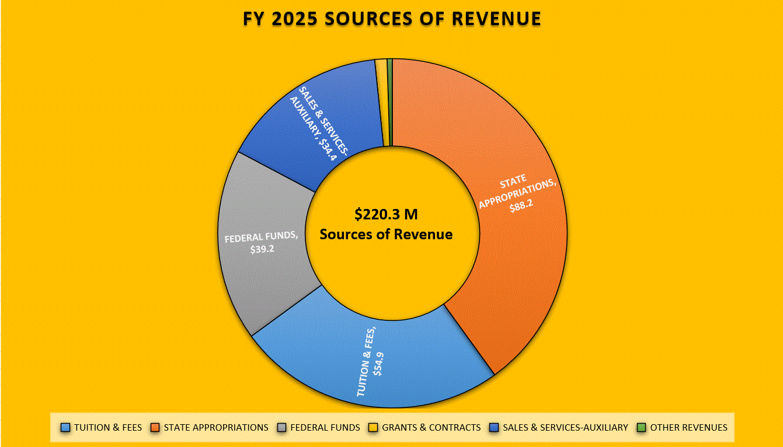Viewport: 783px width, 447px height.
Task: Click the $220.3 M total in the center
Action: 386,215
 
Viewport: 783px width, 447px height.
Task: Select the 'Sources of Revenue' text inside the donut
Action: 386,235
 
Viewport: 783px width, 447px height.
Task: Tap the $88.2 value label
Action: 521,207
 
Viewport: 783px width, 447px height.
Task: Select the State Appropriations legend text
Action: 216,428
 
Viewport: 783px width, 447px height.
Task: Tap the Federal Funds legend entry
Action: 325,428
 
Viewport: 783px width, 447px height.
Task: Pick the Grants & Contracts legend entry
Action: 431,428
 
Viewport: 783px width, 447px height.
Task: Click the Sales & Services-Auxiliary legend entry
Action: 565,428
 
